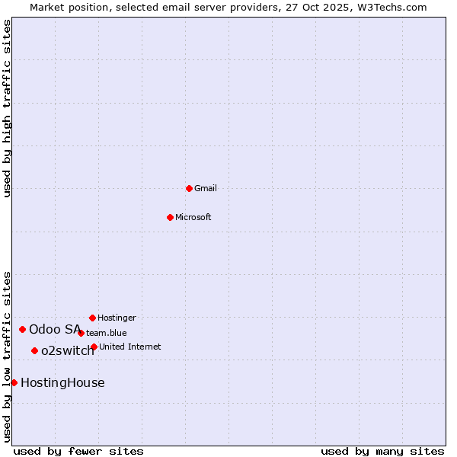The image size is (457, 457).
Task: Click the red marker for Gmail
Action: click(x=189, y=188)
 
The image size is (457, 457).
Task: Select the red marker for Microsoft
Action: click(x=170, y=217)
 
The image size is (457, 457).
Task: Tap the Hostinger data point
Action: click(x=92, y=318)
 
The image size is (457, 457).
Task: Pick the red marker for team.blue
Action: click(x=81, y=333)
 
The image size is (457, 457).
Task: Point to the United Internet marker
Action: click(x=94, y=347)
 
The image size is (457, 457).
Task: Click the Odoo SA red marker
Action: click(x=22, y=329)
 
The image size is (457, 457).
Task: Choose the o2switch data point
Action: click(x=34, y=350)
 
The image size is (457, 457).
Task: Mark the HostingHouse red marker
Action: click(x=14, y=382)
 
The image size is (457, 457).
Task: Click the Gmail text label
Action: click(x=206, y=188)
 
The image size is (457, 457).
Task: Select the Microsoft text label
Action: click(x=193, y=217)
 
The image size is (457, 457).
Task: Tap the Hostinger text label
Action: click(x=117, y=318)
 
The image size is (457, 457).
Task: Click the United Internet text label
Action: click(x=129, y=347)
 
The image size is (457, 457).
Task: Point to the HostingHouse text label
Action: click(x=62, y=382)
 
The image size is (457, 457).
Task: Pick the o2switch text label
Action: click(x=68, y=350)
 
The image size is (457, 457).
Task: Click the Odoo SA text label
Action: click(x=55, y=329)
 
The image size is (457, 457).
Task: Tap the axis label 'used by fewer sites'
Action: click(x=78, y=451)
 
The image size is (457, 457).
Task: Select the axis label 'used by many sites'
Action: click(x=382, y=451)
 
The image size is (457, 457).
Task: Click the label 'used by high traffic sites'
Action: click(x=7, y=108)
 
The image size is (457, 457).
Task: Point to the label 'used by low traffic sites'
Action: click(x=7, y=356)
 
